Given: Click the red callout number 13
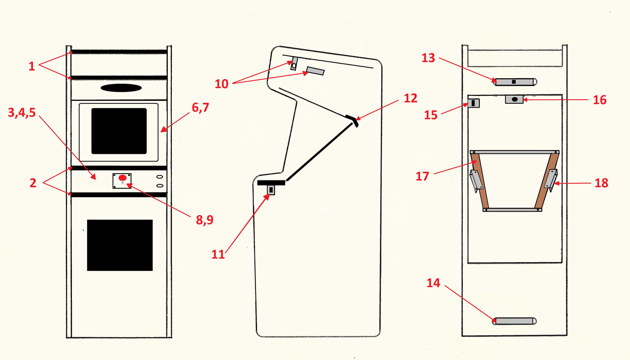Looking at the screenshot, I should [x=428, y=58].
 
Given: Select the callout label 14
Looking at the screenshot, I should [x=433, y=283].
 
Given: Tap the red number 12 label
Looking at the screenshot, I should [x=410, y=98].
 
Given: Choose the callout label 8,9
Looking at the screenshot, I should [x=204, y=220].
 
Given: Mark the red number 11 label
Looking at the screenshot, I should [x=218, y=254].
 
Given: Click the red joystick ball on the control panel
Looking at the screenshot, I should [x=123, y=178].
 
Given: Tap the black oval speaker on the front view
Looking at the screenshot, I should [x=121, y=88].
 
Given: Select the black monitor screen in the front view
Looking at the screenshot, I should [x=119, y=131].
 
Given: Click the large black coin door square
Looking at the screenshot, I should [x=120, y=245].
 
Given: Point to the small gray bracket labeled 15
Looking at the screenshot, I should [x=473, y=103].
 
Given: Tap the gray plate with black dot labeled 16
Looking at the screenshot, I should [x=514, y=99].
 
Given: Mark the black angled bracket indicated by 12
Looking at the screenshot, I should [x=352, y=120].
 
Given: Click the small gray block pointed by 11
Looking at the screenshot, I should [x=270, y=190].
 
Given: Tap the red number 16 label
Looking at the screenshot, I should [x=599, y=100].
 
